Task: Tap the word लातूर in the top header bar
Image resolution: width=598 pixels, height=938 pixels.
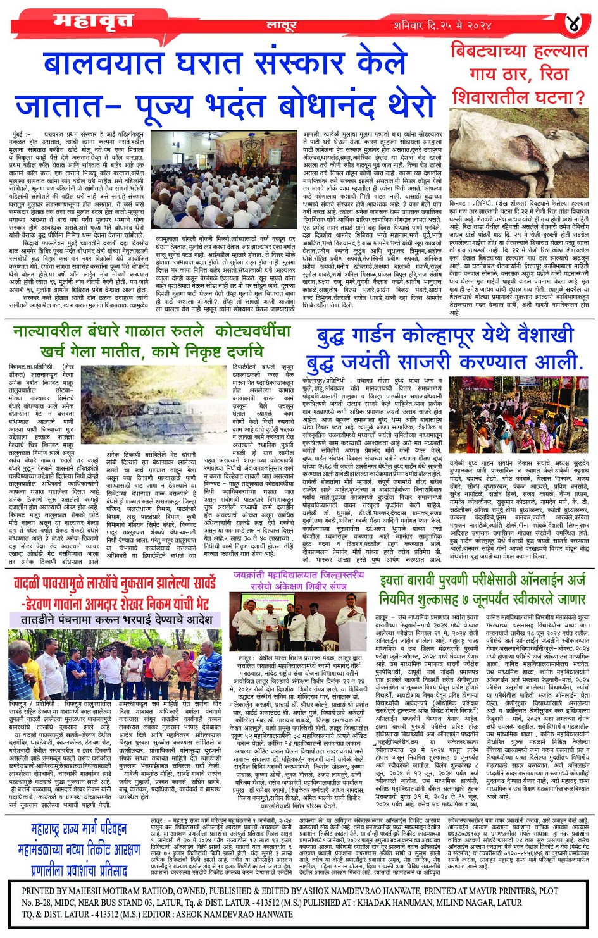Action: click(x=281, y=26)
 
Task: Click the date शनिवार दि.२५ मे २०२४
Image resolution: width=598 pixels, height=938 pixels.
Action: click(x=442, y=25)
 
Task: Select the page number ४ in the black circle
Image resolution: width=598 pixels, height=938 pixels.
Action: click(x=573, y=24)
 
